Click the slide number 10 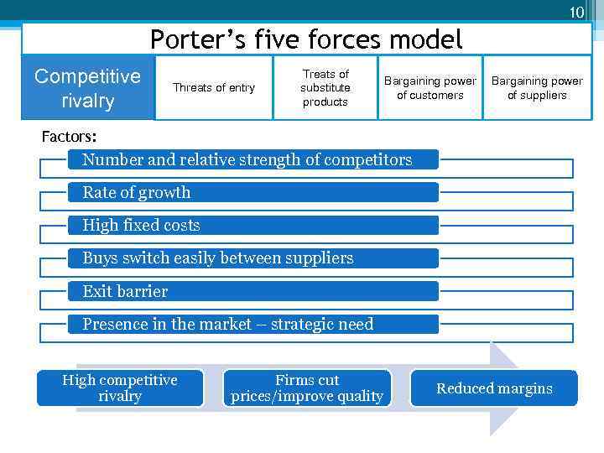576,13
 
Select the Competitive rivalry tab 88,88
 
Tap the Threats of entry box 213,88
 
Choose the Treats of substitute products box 325,88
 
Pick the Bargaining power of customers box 430,88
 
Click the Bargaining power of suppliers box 537,88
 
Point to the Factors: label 69,136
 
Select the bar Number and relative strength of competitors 253,159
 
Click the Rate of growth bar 253,192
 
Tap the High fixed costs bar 253,225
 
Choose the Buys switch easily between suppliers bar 253,258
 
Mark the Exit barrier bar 253,291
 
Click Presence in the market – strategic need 253,324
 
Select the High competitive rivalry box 120,388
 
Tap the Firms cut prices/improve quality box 307,388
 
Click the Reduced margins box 494,388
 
